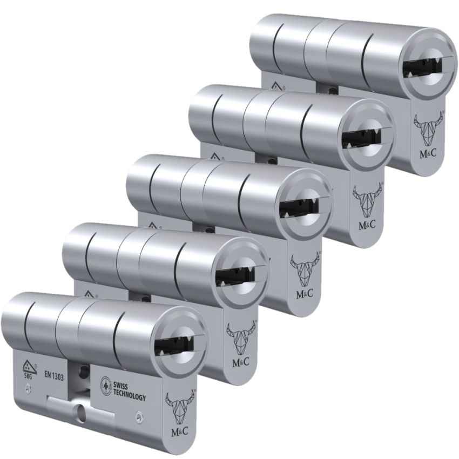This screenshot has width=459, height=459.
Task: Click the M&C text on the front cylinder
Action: (x=180, y=430)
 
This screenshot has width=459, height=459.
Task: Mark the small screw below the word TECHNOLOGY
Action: (x=139, y=416)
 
